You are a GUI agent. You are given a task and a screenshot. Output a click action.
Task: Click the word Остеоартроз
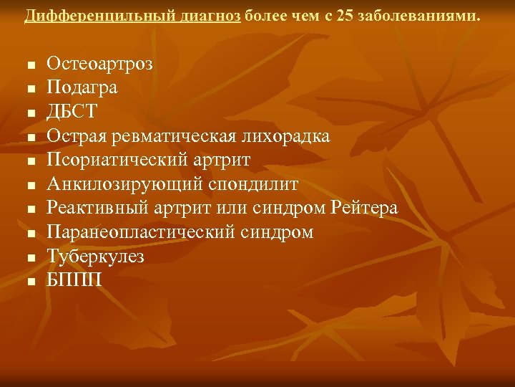point(99,63)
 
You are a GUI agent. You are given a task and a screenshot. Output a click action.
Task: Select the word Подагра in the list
point(82,87)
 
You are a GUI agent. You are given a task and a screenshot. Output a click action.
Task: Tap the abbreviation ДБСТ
point(72,112)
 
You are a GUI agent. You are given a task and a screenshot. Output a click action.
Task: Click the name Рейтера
point(366,209)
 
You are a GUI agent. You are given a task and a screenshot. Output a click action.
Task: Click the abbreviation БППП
point(74,281)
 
